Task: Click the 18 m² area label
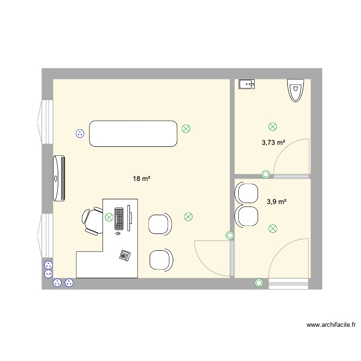tap(142, 179)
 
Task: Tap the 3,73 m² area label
tap(273, 142)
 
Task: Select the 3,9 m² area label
tap(276, 202)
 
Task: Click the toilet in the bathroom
tap(296, 90)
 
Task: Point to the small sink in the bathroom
tap(246, 84)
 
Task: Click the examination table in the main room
tap(133, 133)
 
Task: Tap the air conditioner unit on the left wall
tap(59, 178)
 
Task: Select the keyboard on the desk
tap(119, 219)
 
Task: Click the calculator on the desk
tap(125, 255)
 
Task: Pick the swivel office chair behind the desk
tap(92, 220)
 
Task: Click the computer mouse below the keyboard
tap(118, 233)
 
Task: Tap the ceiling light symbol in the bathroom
tap(272, 127)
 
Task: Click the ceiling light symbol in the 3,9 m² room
tap(273, 229)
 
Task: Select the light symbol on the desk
tap(109, 217)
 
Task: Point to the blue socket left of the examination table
tap(80, 133)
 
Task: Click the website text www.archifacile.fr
tap(331, 325)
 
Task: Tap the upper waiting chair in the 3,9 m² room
tap(246, 193)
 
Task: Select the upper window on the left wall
tap(45, 122)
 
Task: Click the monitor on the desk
tap(129, 218)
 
